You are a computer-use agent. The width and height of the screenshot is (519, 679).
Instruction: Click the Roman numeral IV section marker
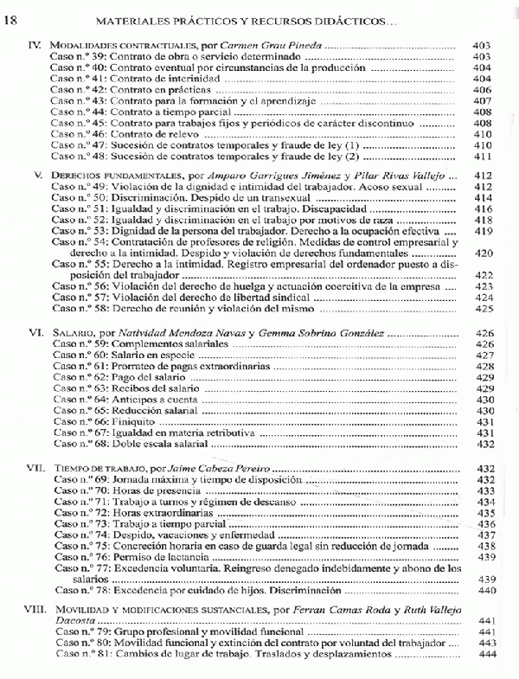point(35,43)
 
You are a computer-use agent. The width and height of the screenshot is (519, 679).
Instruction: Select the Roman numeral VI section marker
point(35,332)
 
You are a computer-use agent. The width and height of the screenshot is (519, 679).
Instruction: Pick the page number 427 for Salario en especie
point(483,356)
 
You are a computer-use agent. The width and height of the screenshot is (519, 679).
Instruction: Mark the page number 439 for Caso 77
point(483,579)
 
